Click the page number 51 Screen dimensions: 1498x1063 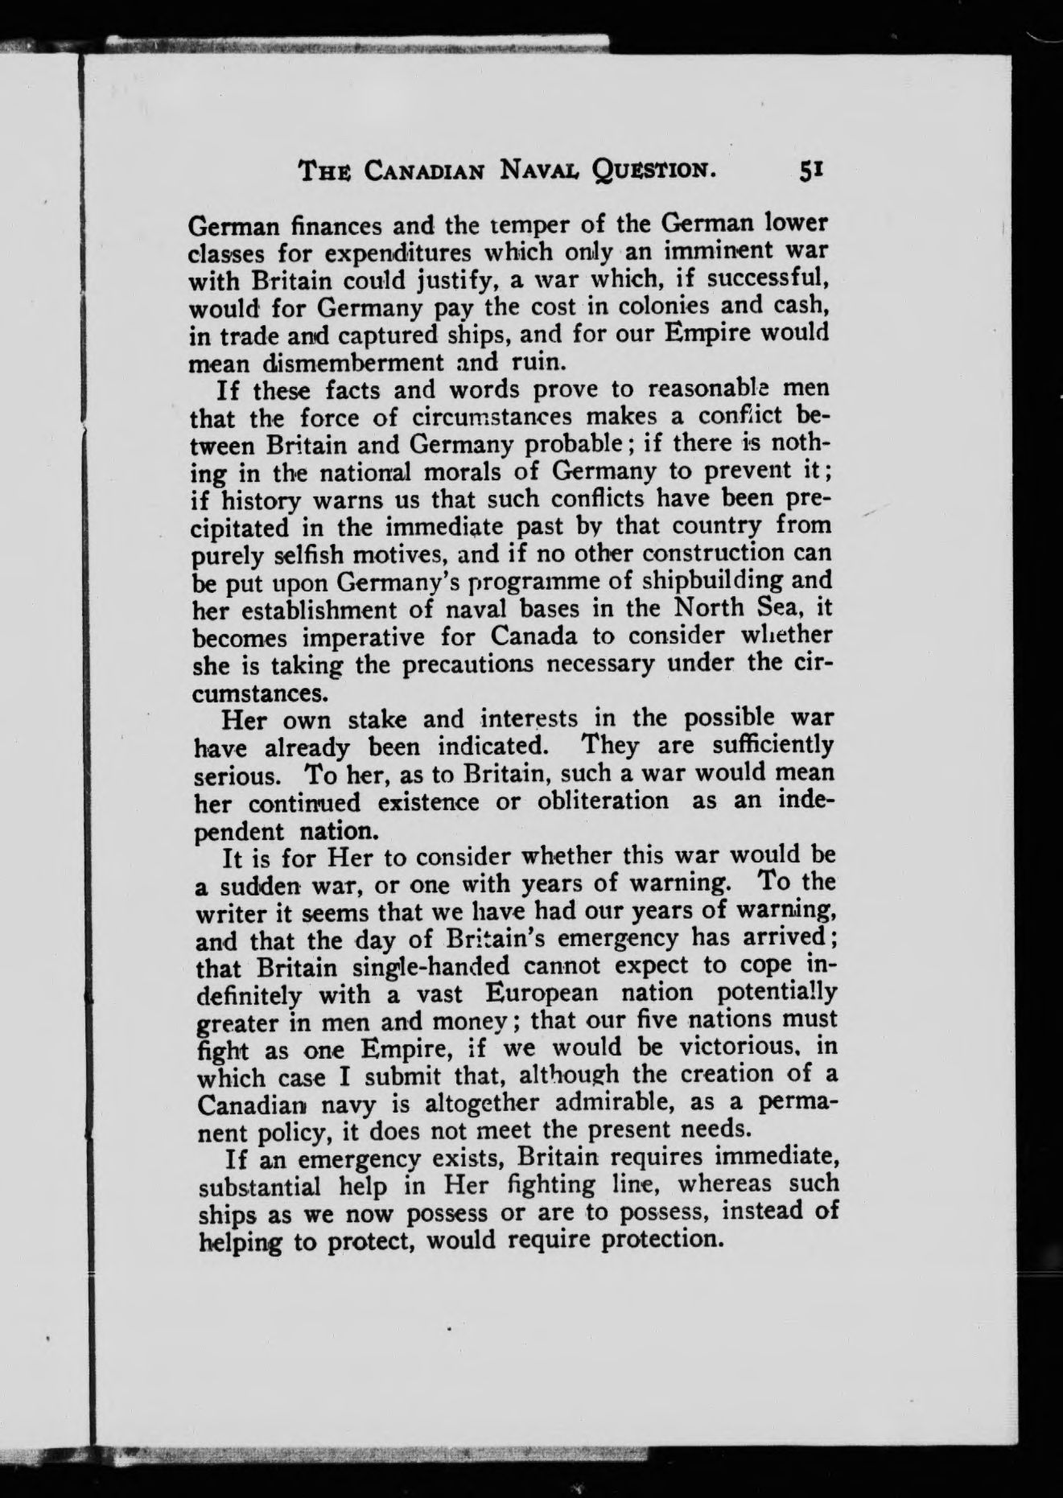click(x=810, y=170)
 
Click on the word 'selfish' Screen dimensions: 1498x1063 click(x=311, y=554)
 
